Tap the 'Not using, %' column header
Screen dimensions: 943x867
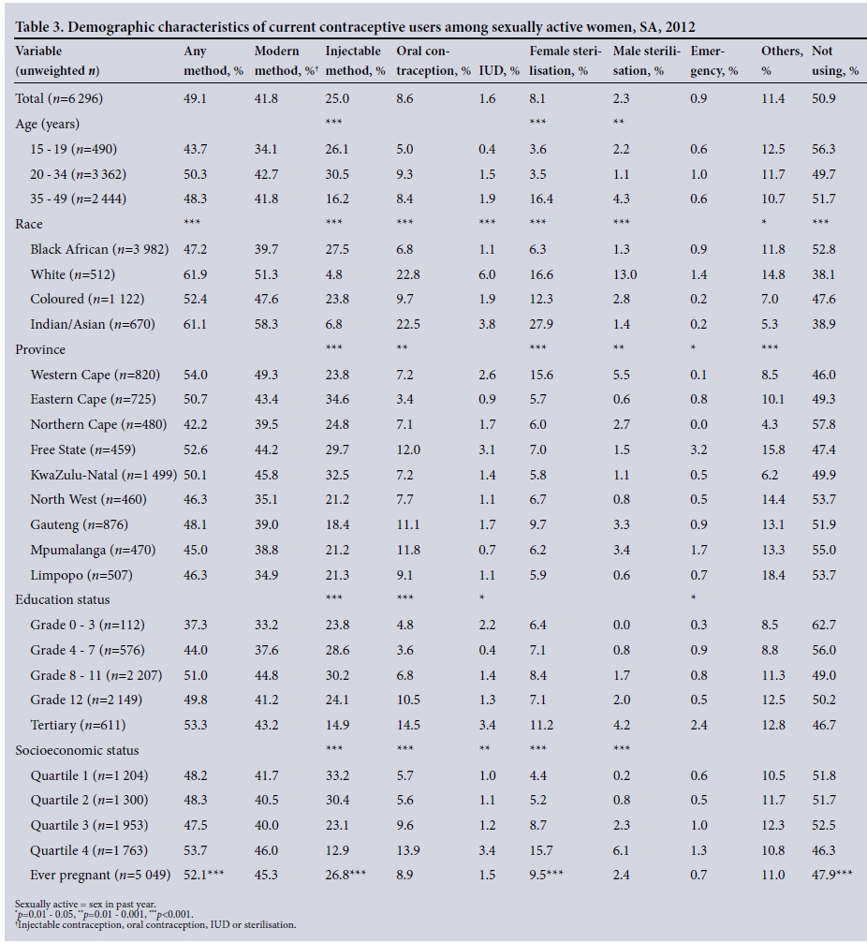pos(830,61)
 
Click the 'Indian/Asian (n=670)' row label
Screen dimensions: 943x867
pos(92,325)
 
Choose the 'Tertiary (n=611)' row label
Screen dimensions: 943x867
pos(78,726)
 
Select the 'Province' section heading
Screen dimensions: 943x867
pos(40,350)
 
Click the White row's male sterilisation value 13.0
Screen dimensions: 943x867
pos(625,275)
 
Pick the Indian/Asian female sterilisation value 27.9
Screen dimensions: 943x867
pos(541,325)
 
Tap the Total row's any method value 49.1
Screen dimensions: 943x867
pos(195,98)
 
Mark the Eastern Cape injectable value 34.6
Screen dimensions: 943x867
pos(337,400)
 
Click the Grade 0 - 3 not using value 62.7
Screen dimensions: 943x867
pos(824,626)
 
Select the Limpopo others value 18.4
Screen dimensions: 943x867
pos(772,576)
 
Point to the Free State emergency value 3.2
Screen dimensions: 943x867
pos(700,450)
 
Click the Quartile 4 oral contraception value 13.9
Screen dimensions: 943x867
pos(408,851)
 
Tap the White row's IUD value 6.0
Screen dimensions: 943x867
pos(487,275)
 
